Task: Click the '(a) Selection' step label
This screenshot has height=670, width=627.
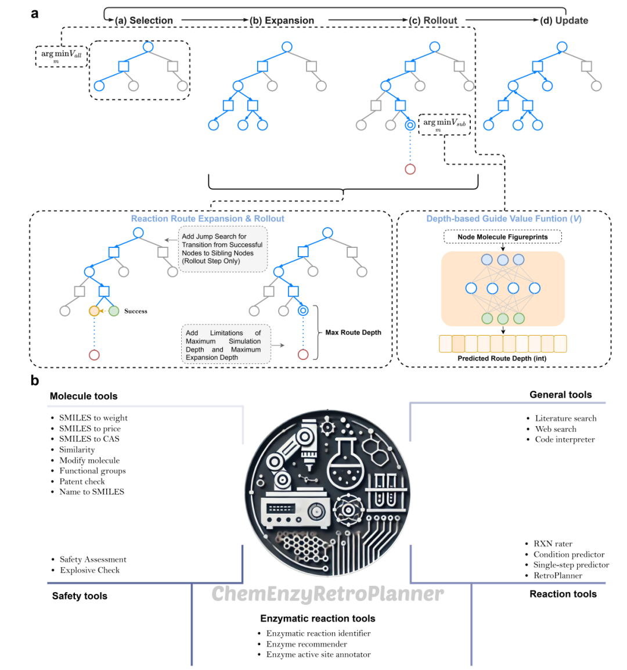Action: pyautogui.click(x=144, y=20)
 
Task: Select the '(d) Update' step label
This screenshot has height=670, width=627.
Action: pyautogui.click(x=564, y=20)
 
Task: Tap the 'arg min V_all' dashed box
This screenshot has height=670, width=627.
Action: pyautogui.click(x=61, y=56)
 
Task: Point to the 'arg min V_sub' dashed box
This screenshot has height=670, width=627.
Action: pyautogui.click(x=444, y=124)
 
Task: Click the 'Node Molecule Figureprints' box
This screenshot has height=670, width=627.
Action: pyautogui.click(x=503, y=237)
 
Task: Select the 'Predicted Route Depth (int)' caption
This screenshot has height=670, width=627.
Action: pyautogui.click(x=502, y=358)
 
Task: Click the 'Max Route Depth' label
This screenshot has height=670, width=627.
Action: pyautogui.click(x=353, y=333)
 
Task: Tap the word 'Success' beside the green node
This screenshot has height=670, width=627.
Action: pyautogui.click(x=135, y=311)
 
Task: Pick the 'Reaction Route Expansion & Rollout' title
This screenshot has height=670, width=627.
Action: pyautogui.click(x=207, y=219)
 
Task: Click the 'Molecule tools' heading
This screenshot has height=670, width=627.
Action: pyautogui.click(x=84, y=396)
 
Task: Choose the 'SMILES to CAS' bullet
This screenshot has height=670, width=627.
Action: pyautogui.click(x=89, y=439)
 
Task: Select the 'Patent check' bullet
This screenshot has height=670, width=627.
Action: pyautogui.click(x=82, y=481)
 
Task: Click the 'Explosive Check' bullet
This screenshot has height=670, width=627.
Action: pyautogui.click(x=89, y=570)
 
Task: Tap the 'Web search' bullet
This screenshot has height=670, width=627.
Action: pyautogui.click(x=556, y=429)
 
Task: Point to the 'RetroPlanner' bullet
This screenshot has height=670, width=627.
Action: pyautogui.click(x=557, y=575)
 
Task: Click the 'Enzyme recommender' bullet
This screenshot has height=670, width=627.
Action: pyautogui.click(x=307, y=644)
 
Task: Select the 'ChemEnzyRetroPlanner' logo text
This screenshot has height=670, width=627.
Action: pyautogui.click(x=327, y=593)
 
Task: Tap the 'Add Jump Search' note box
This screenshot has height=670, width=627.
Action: pyautogui.click(x=222, y=248)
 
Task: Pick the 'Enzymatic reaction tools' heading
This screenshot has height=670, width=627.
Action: pyautogui.click(x=318, y=618)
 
